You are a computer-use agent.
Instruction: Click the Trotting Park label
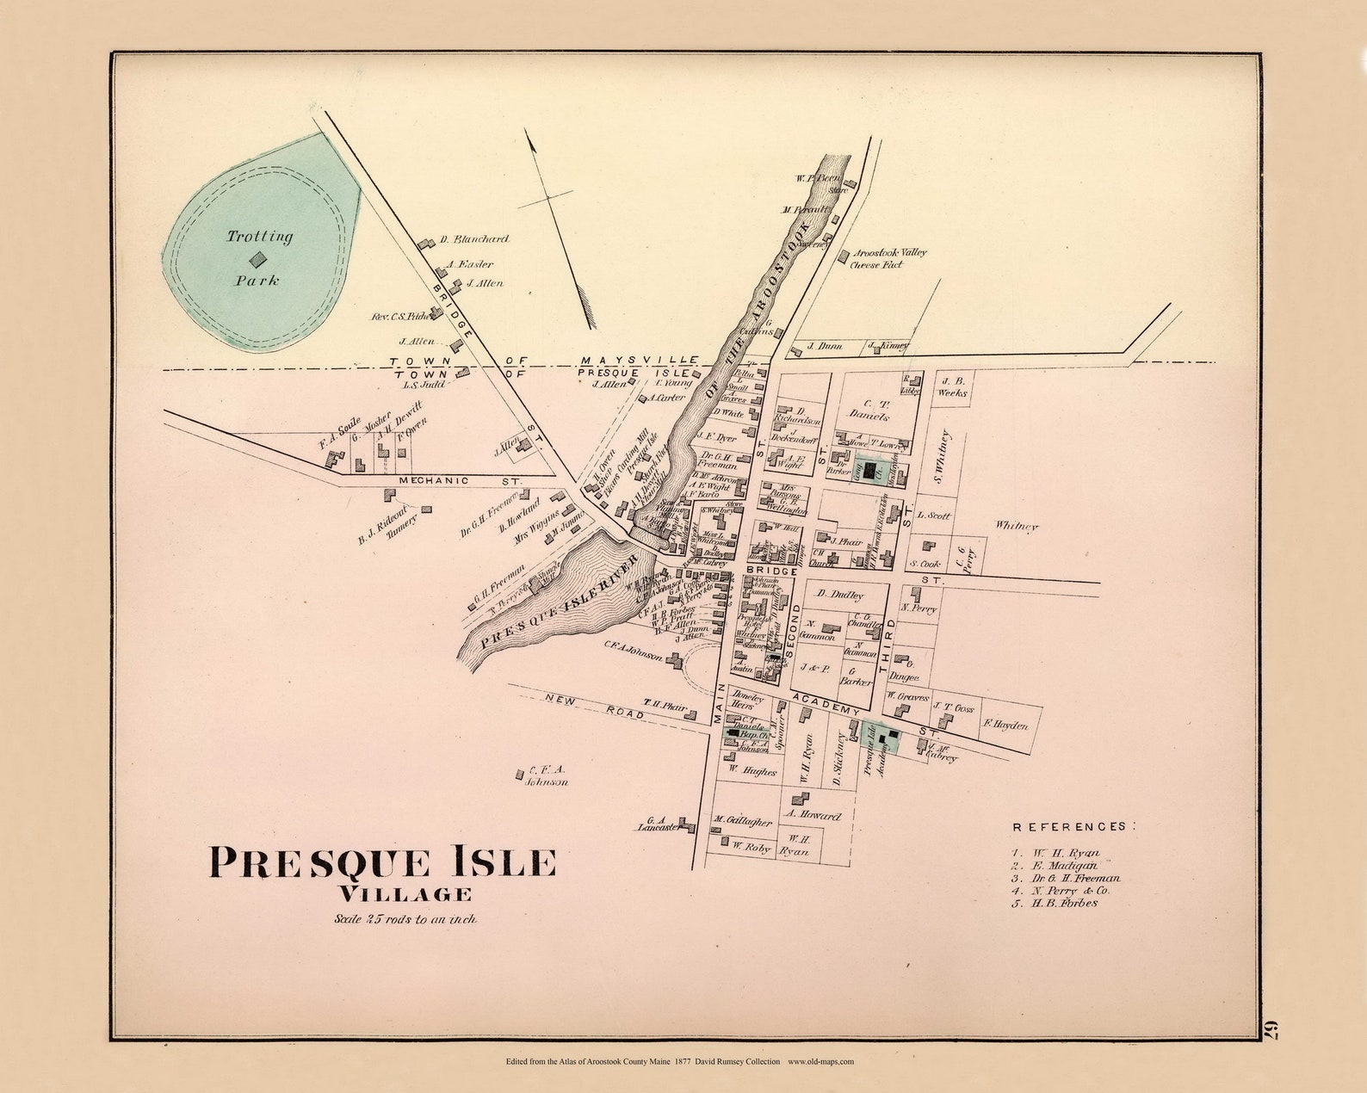point(259,257)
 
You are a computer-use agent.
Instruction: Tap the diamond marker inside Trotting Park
point(257,258)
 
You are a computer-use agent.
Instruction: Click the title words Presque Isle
point(383,862)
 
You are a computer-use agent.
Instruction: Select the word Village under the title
point(405,894)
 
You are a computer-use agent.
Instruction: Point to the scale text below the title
point(405,919)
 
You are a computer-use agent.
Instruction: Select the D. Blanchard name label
point(473,239)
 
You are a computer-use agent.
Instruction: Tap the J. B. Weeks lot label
point(952,386)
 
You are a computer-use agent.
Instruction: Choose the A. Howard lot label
point(813,815)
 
